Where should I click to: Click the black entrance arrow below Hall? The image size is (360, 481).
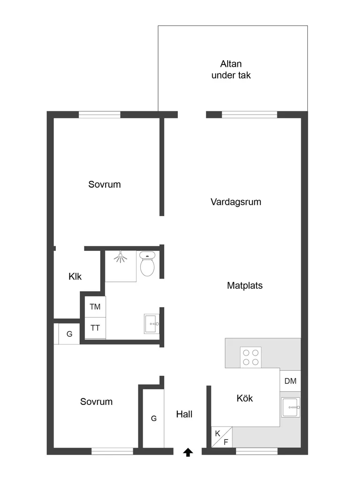[188, 452]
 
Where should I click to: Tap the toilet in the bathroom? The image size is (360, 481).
[147, 264]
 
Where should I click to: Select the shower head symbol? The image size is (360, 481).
[121, 257]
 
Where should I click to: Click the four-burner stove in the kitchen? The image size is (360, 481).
[251, 357]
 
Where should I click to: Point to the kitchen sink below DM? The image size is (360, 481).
[291, 407]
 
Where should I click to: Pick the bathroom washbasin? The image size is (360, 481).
[152, 324]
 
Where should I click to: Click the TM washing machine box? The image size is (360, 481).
[95, 306]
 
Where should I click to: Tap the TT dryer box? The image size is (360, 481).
[95, 328]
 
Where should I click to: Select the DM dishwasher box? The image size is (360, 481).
[290, 381]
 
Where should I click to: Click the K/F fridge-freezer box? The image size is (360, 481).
[222, 437]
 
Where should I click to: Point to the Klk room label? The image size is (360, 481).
[75, 276]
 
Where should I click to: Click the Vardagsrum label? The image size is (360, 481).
[236, 202]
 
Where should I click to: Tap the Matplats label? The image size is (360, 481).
[245, 286]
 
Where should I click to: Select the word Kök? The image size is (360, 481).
[245, 398]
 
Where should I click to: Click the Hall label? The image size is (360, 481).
[184, 414]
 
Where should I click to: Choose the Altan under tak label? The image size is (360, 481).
[231, 70]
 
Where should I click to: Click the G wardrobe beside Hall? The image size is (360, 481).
[153, 419]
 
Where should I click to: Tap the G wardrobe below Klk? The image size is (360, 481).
[69, 334]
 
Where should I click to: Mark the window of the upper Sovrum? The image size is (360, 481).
[100, 115]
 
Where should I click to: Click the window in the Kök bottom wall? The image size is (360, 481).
[257, 451]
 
